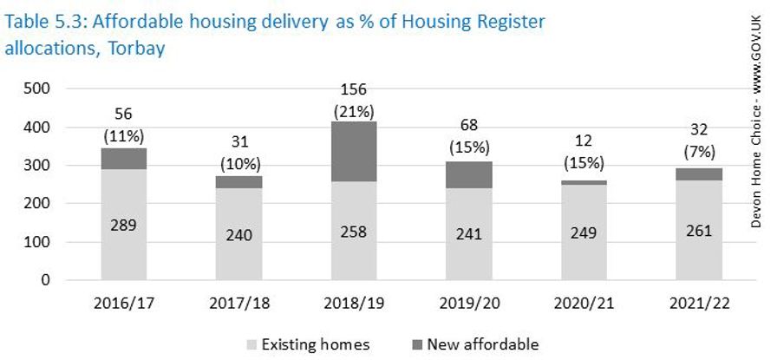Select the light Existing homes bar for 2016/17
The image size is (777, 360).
point(124,225)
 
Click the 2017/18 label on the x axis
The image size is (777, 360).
point(238,304)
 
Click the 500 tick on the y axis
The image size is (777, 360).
point(39,88)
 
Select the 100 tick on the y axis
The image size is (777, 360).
point(39,243)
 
